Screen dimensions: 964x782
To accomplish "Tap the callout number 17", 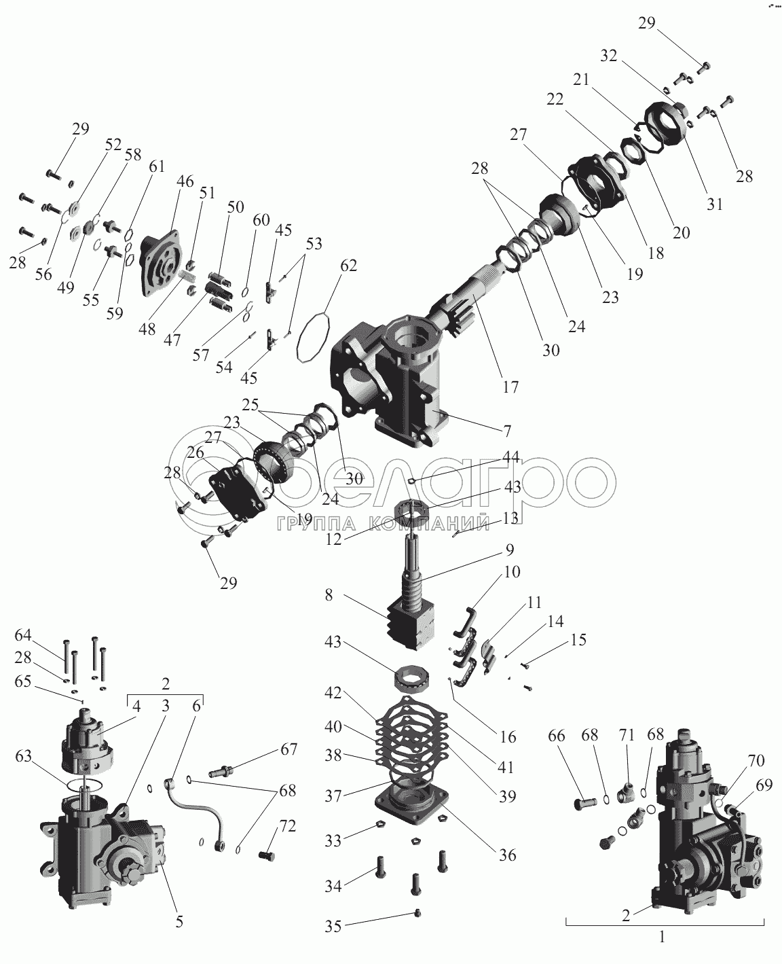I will pos(510,387).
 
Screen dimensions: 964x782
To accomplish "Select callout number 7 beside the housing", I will pos(506,430).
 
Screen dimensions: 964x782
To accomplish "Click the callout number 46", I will pos(185,182).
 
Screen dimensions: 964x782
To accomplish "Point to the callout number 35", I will pos(352,925).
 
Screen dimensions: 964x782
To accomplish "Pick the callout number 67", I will pos(288,749).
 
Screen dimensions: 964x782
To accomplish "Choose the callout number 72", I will pos(287,827).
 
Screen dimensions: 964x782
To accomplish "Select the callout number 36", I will pos(507,855).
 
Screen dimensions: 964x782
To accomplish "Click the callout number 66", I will pos(556,736).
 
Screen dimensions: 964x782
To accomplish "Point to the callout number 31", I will pos(713,203).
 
